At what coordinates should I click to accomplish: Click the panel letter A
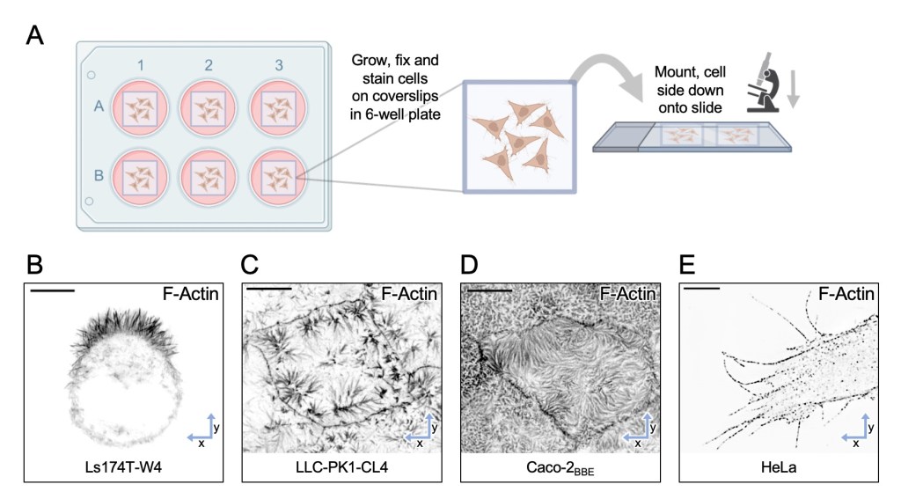[x=35, y=36]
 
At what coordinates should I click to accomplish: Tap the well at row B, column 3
[x=279, y=175]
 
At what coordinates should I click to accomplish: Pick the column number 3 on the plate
[x=279, y=65]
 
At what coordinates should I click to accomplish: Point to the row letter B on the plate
[x=99, y=174]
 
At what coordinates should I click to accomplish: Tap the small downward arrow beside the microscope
[x=795, y=91]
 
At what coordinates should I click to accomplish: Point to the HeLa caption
[x=779, y=466]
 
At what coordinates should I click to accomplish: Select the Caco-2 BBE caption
[x=560, y=467]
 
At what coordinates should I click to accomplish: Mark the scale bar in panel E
[x=700, y=287]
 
